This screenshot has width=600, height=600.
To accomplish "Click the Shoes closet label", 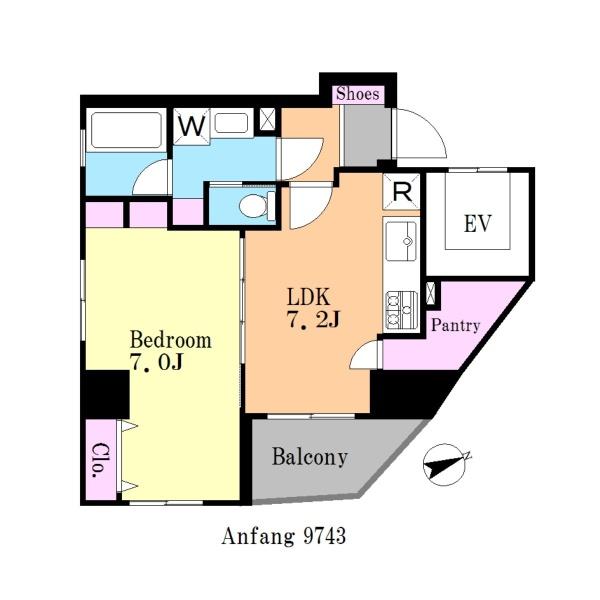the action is click(357, 94).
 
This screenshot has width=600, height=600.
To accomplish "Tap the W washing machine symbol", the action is click(191, 126).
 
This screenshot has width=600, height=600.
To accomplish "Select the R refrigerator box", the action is click(401, 191).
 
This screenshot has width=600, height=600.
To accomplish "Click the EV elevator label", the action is click(477, 224).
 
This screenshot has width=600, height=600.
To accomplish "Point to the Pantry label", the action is click(455, 325).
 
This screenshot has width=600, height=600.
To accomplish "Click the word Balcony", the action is click(310, 457).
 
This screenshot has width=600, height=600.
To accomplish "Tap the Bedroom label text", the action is click(171, 339).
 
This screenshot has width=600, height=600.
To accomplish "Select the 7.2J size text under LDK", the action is click(314, 320).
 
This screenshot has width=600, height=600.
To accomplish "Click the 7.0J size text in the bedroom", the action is click(157, 362).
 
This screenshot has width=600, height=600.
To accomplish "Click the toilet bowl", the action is click(257, 206).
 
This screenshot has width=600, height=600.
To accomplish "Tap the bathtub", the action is click(126, 130).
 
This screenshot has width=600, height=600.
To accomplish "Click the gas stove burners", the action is click(401, 310).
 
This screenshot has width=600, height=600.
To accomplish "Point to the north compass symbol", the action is click(447, 465).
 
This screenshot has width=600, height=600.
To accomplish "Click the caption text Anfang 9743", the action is click(284, 536).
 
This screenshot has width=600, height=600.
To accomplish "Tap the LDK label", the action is click(308, 297).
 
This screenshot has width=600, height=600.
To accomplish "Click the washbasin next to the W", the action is click(231, 123).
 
